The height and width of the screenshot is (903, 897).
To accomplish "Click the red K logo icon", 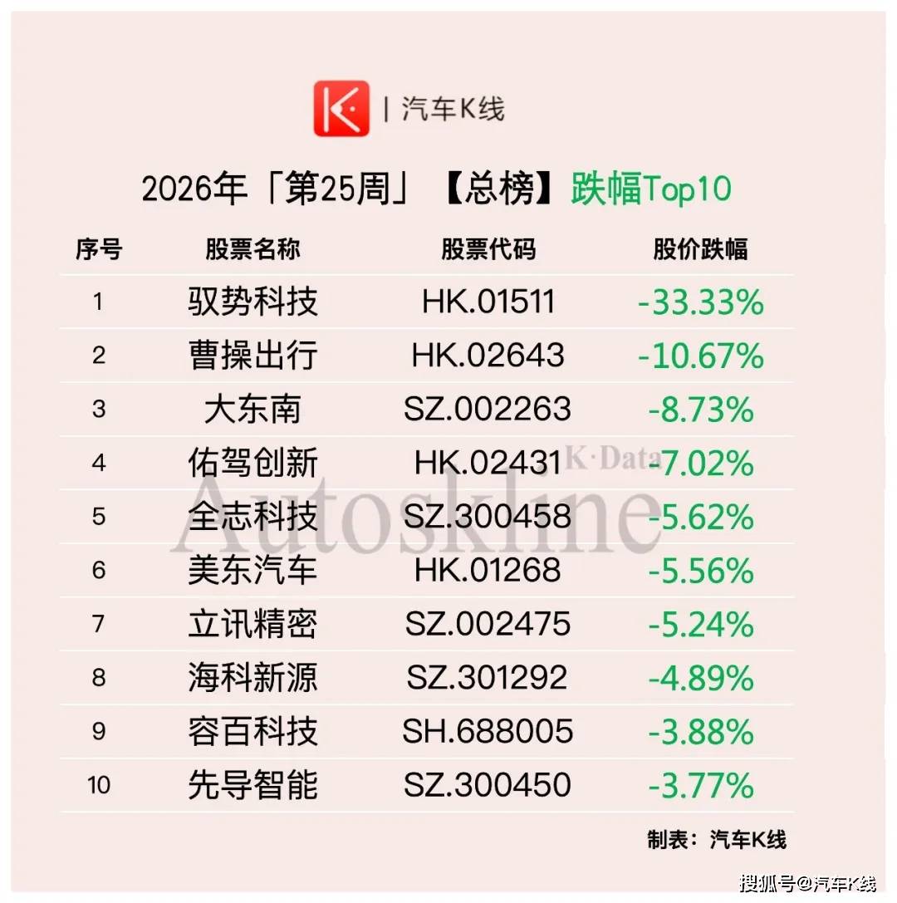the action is pos(341,108).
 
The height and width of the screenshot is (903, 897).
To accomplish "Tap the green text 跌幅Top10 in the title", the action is pos(651,189).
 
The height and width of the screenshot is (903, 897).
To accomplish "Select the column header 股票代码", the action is pos(488,249).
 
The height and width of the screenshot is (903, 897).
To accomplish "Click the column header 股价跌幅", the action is pos(700,249).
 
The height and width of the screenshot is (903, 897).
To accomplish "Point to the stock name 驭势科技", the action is pos(252,302).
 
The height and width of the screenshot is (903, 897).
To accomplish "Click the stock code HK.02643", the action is pos(488,355).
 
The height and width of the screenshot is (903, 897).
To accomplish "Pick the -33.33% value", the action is pos(701,302).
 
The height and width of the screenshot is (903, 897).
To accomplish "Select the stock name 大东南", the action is pos(252,409).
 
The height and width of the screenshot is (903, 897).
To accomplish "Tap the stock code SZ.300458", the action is pos(487,516).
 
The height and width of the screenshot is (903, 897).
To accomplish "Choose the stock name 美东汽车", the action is pos(252,570).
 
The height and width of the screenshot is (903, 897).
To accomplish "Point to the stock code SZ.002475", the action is pos(488,624).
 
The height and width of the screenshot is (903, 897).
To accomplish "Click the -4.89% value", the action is pos(701,678).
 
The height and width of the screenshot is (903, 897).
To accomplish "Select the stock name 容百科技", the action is pos(252,731).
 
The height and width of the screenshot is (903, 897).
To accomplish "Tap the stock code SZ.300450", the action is pos(487,784).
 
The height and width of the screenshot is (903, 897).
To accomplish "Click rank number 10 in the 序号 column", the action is pos(99,785).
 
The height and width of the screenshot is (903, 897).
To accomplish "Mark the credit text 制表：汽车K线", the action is pos(716,840).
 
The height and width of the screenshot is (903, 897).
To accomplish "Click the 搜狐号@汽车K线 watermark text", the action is pos(808,883).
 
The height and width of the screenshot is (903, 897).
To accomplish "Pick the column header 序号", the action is pos(99,249).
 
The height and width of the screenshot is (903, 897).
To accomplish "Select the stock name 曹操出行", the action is pos(252,355).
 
